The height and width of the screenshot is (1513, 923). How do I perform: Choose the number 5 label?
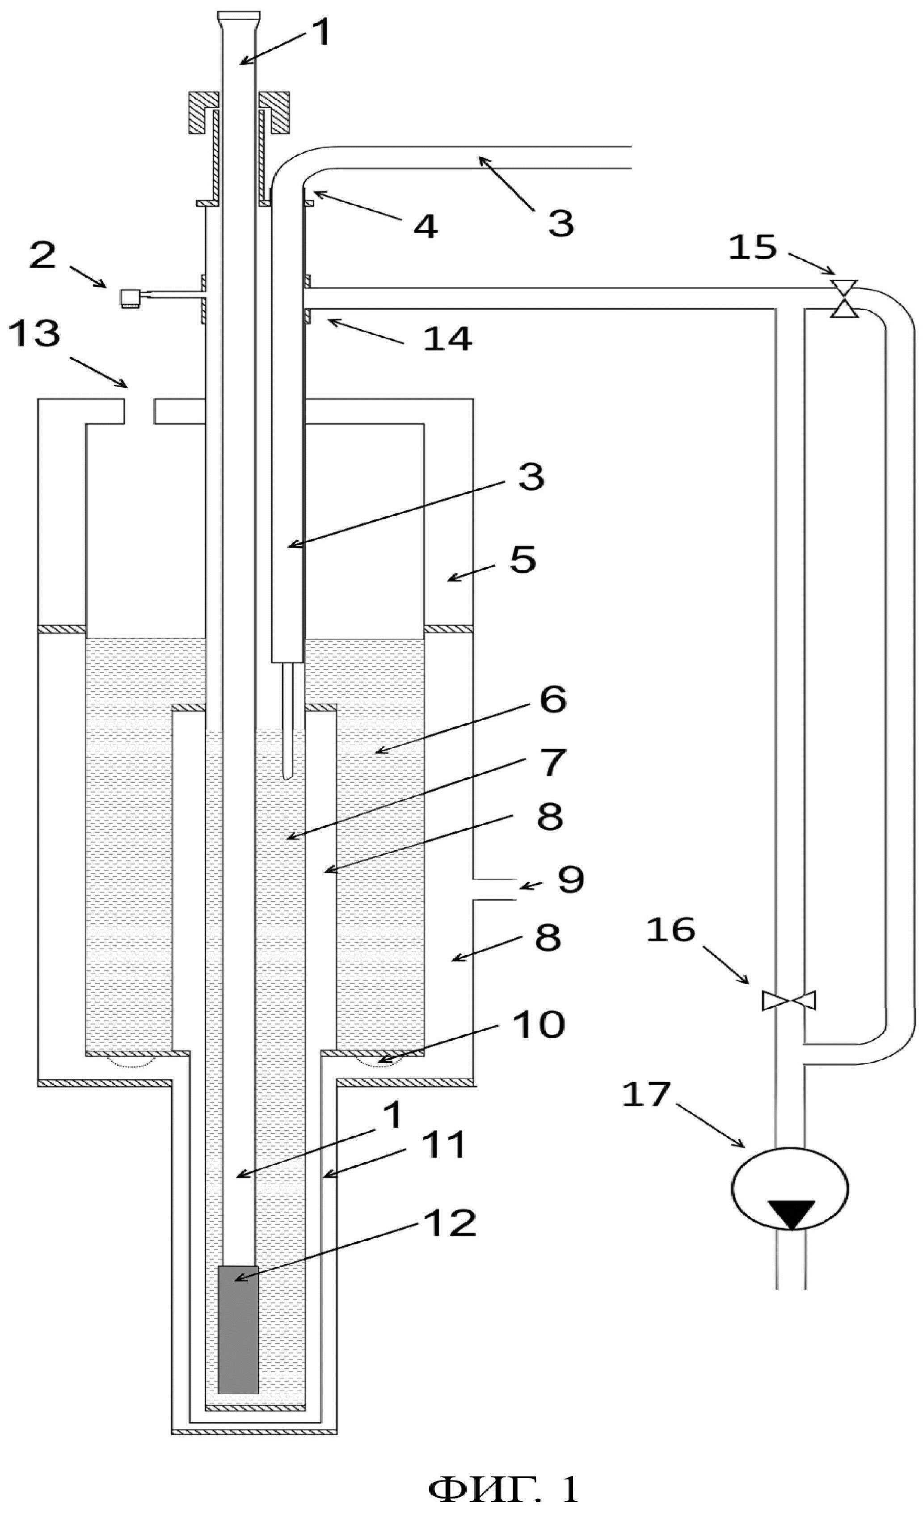523,560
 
